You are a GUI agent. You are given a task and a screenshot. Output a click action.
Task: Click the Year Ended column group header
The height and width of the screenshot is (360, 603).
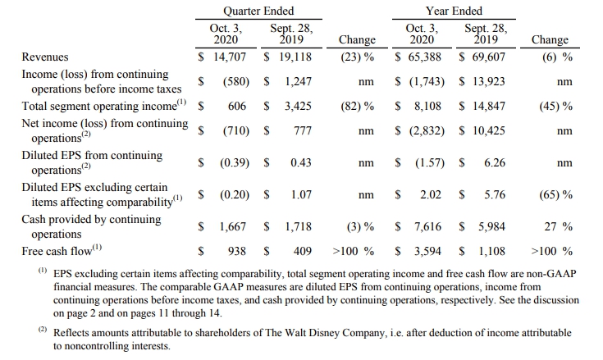454,11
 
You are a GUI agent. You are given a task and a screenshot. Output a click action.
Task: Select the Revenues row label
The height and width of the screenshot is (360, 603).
45,57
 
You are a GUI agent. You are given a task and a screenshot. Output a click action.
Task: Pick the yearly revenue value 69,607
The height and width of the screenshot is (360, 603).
487,57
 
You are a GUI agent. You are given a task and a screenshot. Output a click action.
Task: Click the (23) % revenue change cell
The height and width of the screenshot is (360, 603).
357,57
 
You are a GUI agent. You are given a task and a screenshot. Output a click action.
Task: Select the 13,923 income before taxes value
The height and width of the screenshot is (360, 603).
487,81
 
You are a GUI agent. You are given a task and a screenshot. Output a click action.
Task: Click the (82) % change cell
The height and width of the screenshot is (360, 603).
357,106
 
